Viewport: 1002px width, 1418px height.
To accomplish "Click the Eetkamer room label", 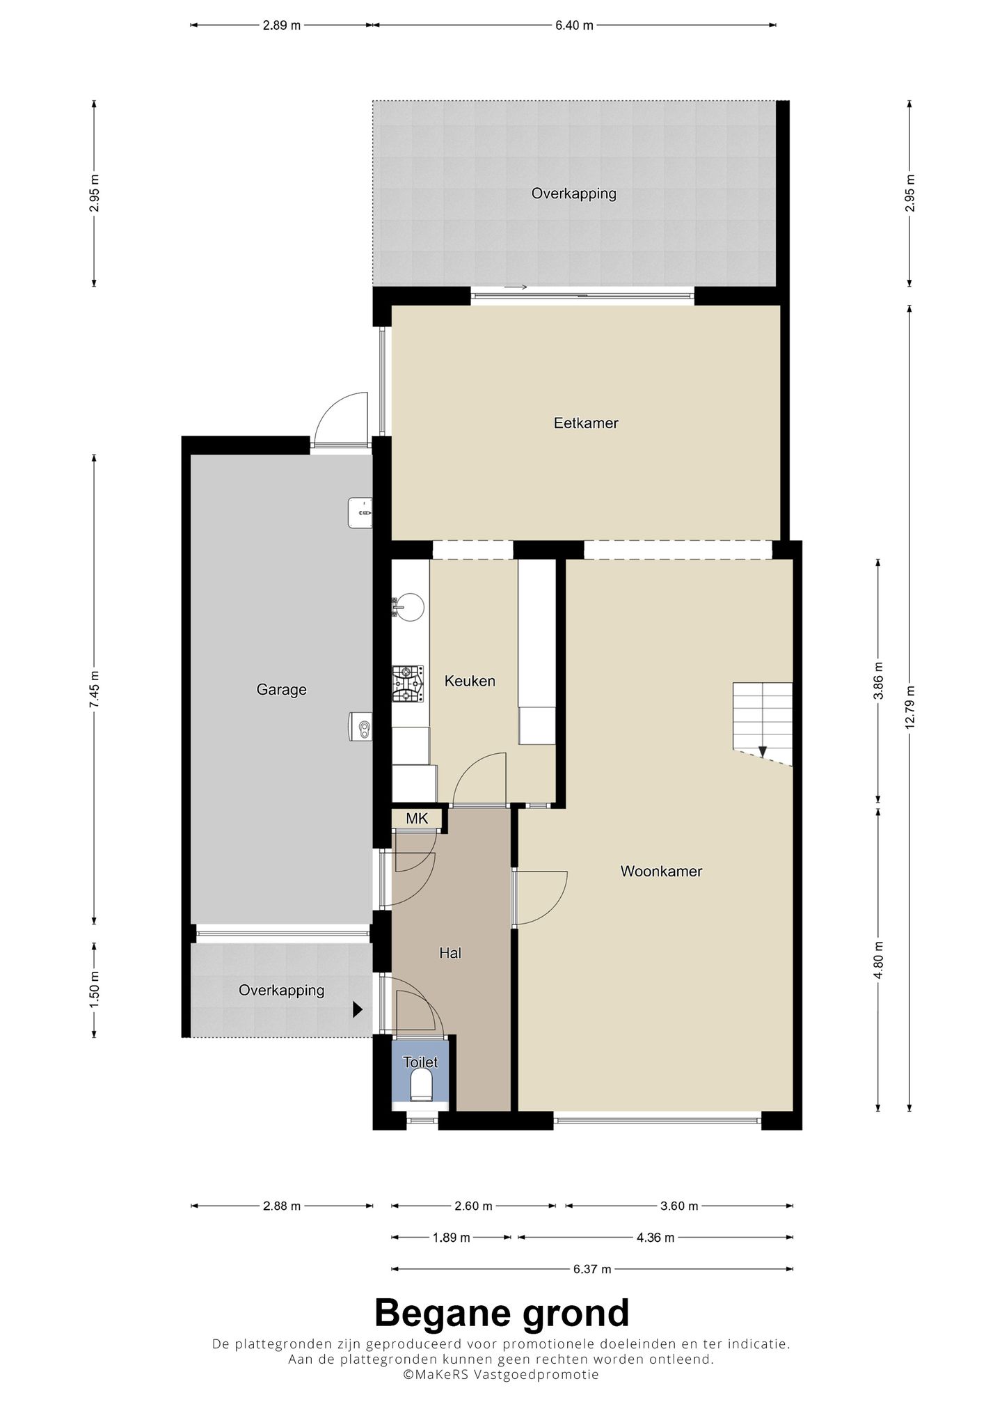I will pos(585,423).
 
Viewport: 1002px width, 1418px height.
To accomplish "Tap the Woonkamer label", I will pos(661,871).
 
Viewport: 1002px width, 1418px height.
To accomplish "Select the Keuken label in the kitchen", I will pos(470,681).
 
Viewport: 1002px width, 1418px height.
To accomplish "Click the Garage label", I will pos(281,689).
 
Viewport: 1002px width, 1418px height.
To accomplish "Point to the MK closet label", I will pos(417,819).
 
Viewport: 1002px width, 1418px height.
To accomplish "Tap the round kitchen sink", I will pos(408,606).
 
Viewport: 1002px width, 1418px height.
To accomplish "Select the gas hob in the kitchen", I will pos(408,684).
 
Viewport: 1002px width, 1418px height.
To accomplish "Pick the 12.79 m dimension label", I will pos(909,707).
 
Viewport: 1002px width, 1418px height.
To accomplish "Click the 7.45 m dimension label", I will pos(94,689).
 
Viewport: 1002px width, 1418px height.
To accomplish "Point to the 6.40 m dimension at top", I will pos(574,26).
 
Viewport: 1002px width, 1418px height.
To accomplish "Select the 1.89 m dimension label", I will pos(451,1237).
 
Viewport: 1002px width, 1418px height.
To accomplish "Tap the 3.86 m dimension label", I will pos(878,679).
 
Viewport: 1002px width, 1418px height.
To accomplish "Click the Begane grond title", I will pos(501,1314).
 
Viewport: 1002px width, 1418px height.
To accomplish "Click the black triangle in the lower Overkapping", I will pos(358,1009).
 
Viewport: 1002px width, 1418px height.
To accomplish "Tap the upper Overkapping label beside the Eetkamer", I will pos(573,194).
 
